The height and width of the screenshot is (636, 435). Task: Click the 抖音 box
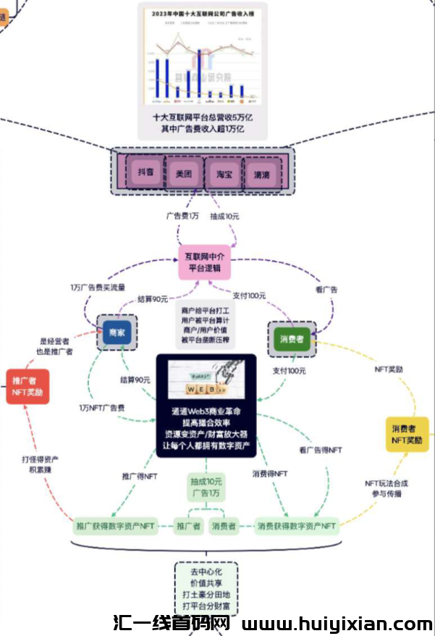(145, 173)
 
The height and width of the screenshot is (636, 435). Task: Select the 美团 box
(184, 173)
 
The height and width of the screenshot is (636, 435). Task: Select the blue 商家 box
(117, 332)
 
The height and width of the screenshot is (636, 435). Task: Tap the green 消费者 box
(292, 339)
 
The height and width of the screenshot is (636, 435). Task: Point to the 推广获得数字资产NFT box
(116, 525)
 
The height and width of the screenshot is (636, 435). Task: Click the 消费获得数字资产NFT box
(297, 525)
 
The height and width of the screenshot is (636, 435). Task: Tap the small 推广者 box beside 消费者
(189, 526)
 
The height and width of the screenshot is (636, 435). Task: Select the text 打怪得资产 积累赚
(40, 465)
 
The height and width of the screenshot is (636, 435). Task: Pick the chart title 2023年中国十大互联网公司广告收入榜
(202, 14)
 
